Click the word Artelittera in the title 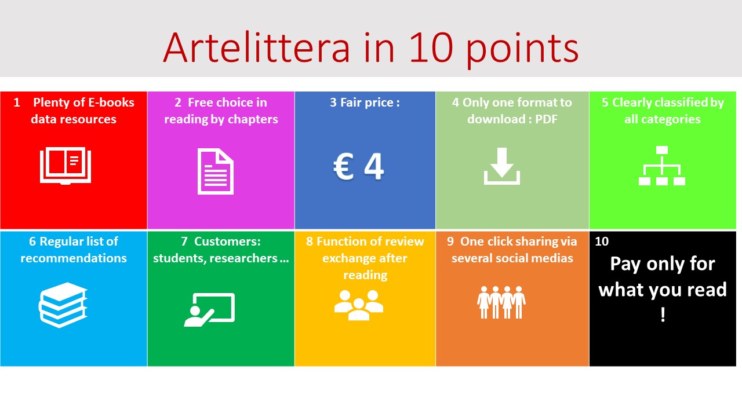[256, 47]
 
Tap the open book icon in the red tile [66, 166]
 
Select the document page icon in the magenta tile [216, 171]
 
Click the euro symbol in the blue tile [343, 166]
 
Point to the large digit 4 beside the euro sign [374, 166]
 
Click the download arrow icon [502, 166]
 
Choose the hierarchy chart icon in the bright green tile [662, 166]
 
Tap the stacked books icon [63, 305]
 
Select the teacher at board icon [209, 310]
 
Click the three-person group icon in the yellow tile [359, 305]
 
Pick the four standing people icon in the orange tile [501, 302]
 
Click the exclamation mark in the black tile [663, 314]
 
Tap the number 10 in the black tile [602, 242]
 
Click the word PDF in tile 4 [546, 119]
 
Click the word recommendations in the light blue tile [74, 258]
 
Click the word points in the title [522, 49]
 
